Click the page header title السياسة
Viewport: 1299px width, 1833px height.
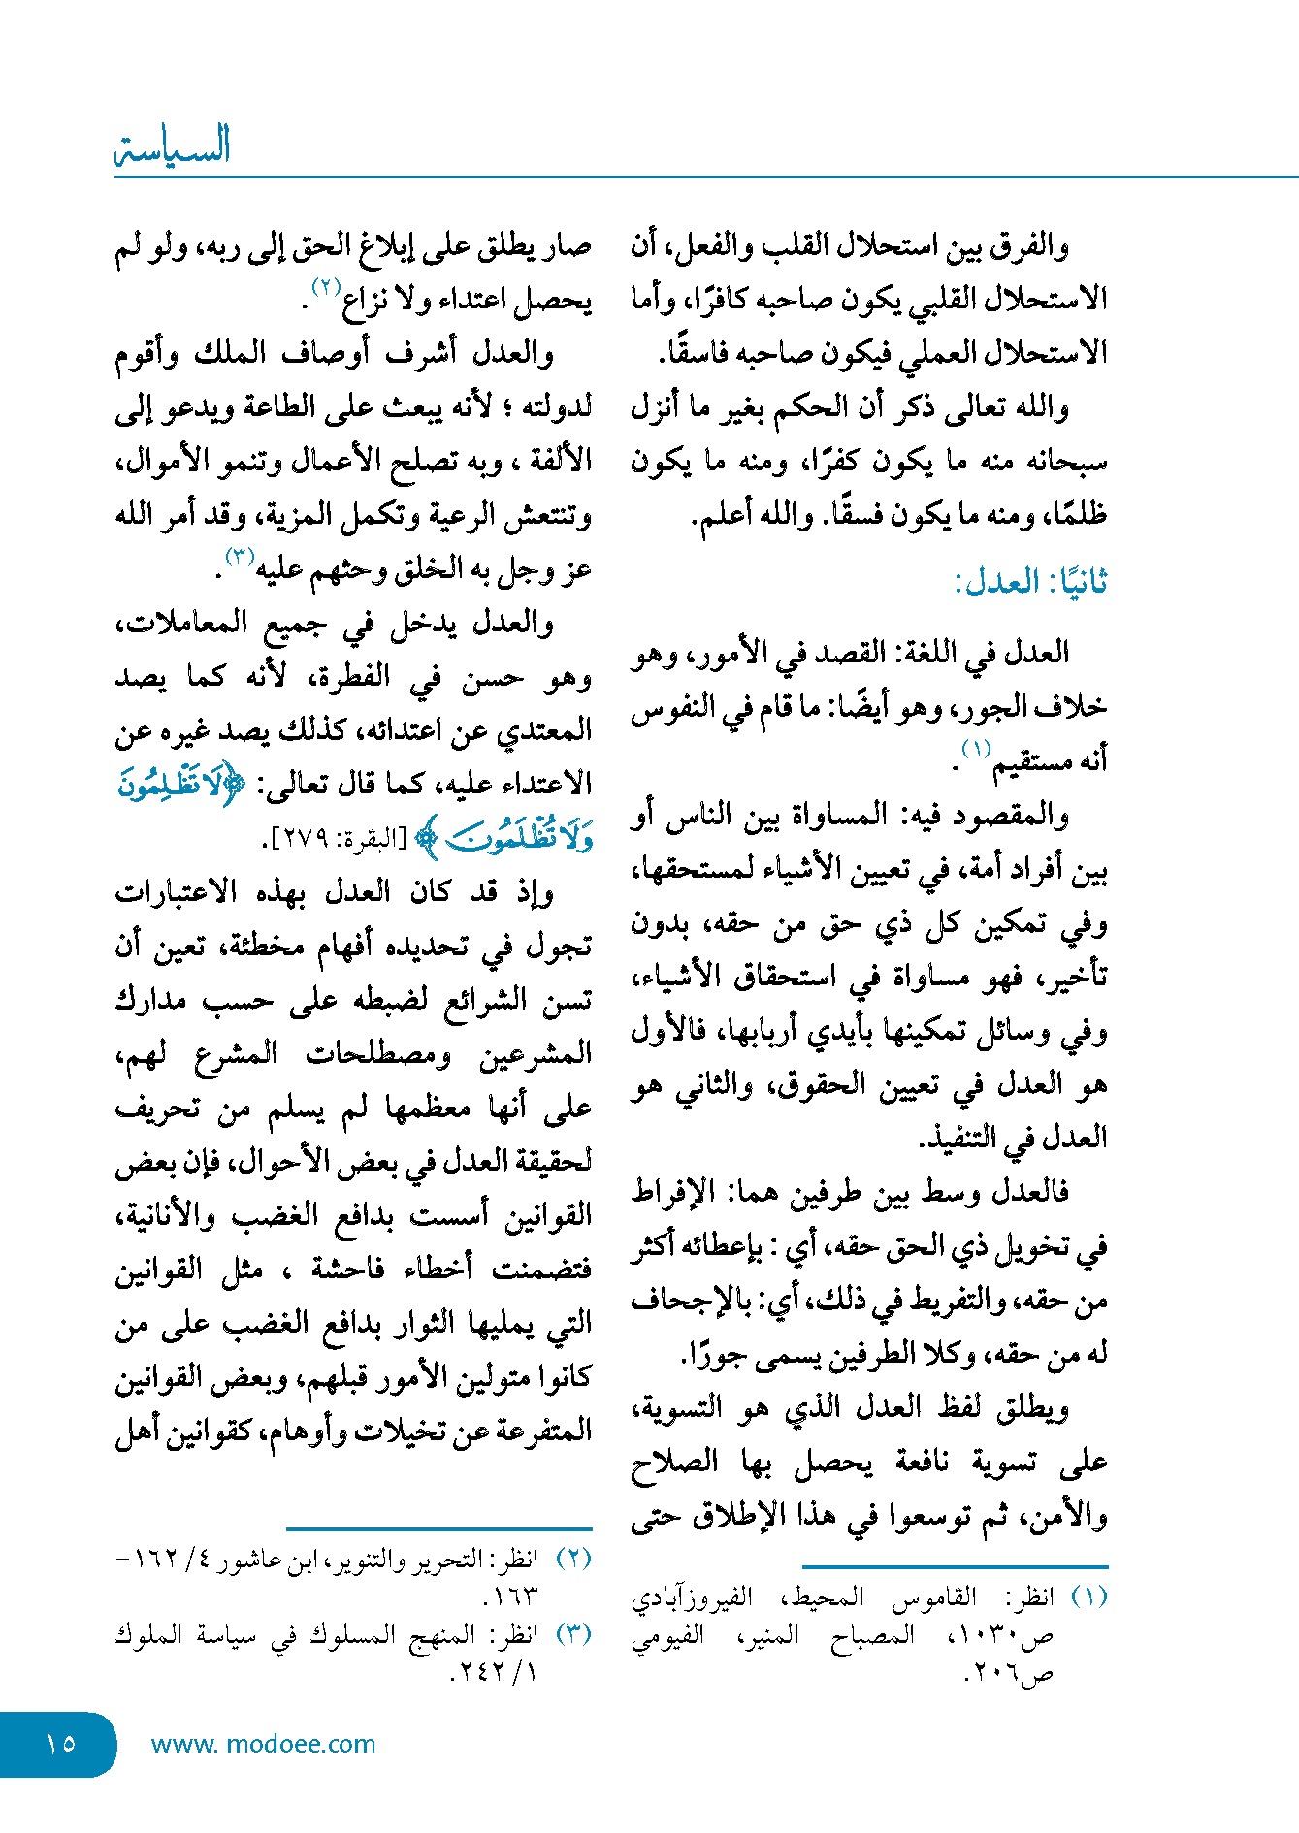click(x=173, y=146)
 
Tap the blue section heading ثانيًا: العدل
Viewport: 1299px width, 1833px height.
click(x=1030, y=582)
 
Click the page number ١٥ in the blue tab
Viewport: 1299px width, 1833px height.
click(x=60, y=1743)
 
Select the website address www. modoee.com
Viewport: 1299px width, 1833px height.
click(x=263, y=1744)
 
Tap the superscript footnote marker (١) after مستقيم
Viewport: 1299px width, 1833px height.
click(x=975, y=750)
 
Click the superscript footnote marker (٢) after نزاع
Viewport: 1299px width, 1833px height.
click(x=324, y=287)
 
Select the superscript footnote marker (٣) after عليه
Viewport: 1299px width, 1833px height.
click(x=240, y=557)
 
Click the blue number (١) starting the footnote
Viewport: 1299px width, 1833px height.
click(x=1088, y=1596)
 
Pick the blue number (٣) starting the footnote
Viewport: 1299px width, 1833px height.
click(x=573, y=1633)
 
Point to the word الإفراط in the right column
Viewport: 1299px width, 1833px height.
click(x=673, y=1191)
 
